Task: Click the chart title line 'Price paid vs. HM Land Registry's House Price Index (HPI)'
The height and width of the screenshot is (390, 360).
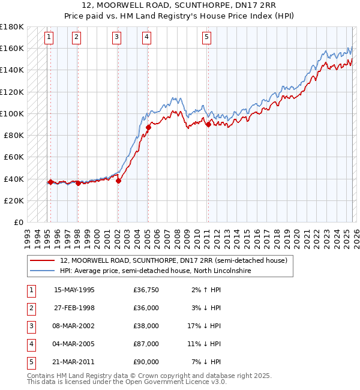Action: click(179, 16)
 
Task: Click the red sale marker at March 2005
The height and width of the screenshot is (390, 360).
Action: click(148, 127)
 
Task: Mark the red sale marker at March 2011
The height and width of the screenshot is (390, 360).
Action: click(208, 124)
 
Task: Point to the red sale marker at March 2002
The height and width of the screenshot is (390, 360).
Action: click(118, 181)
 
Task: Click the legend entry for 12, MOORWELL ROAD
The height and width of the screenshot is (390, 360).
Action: click(173, 261)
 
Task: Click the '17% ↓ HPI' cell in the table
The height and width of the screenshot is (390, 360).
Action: click(205, 326)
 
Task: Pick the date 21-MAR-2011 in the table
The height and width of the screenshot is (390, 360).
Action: click(74, 362)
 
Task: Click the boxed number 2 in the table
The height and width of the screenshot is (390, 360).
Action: click(30, 308)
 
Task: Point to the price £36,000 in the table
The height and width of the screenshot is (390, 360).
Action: click(146, 308)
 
